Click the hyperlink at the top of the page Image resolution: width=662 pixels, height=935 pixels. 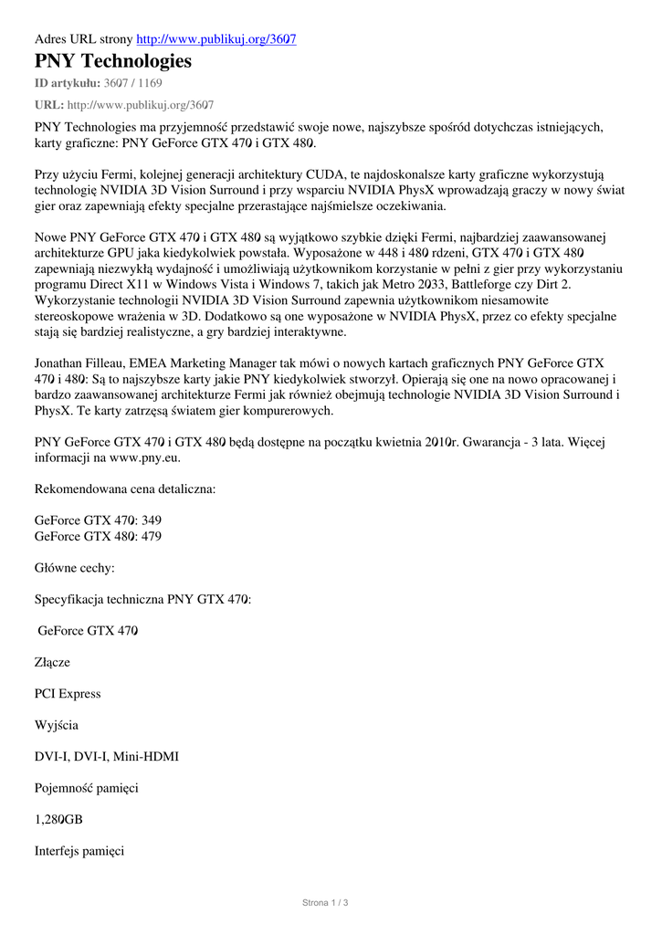215,39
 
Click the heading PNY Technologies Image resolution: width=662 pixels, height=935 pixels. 113,61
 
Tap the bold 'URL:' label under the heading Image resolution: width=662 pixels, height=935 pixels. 48,105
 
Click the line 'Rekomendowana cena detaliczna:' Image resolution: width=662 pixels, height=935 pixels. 125,489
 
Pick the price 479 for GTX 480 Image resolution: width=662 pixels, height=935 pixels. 152,536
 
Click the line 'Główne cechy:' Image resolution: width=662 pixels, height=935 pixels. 75,568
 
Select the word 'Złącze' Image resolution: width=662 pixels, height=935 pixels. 52,662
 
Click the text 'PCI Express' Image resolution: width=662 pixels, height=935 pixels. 68,694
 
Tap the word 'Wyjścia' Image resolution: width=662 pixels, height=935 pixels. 56,725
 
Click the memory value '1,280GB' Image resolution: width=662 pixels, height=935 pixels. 58,820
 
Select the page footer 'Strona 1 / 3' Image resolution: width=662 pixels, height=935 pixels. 326,903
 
